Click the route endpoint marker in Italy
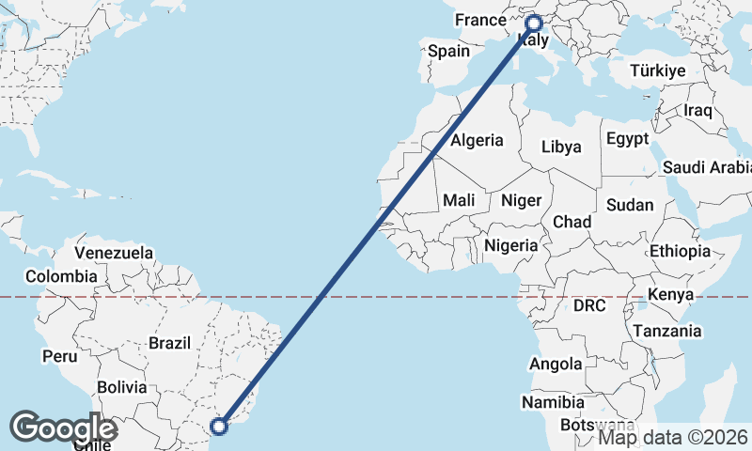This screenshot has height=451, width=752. (534, 23)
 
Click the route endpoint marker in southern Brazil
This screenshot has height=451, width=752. (219, 427)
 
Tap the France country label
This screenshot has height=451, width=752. (480, 20)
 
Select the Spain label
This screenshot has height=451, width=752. (448, 52)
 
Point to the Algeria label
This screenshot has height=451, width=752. (478, 141)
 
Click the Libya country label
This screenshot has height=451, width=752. (561, 147)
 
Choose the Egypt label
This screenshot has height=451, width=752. (627, 139)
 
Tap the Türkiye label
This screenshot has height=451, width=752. (658, 70)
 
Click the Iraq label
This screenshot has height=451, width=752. (698, 110)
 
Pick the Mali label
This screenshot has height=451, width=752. (459, 200)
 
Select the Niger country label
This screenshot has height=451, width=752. (522, 200)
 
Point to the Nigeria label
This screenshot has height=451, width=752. (511, 246)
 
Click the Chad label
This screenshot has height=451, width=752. (572, 222)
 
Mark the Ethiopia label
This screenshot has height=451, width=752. (680, 251)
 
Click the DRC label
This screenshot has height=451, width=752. (589, 305)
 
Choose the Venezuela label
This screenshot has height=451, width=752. (114, 253)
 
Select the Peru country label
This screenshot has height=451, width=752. (58, 356)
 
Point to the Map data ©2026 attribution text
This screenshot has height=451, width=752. (673, 437)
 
